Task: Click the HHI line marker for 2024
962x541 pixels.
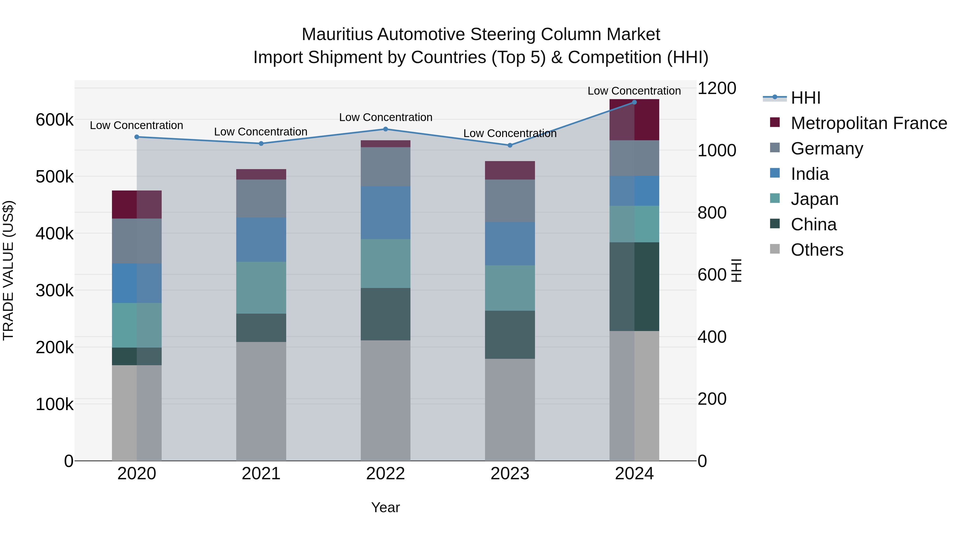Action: (x=634, y=102)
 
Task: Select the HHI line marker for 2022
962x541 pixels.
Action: (x=385, y=129)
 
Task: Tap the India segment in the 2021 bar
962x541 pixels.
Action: (x=261, y=240)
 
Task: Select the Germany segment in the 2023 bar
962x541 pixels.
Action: (x=510, y=201)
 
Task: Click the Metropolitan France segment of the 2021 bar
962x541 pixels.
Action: (x=261, y=174)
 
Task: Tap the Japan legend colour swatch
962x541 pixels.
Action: (x=775, y=198)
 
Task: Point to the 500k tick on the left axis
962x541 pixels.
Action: (x=55, y=177)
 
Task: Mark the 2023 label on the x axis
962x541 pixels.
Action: (x=510, y=474)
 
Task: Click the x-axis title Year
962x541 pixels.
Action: (x=385, y=507)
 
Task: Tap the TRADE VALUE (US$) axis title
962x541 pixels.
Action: (x=8, y=270)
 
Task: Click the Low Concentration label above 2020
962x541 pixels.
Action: (x=136, y=126)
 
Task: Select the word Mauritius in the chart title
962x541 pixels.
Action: (x=337, y=34)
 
